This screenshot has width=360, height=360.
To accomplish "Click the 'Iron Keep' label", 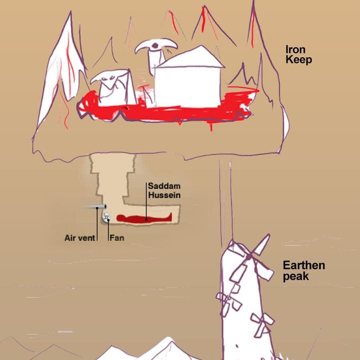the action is coord(298,55).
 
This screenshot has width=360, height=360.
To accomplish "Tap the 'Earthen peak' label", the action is coord(304,271).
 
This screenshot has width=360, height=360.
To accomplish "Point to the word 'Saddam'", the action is coord(164,186).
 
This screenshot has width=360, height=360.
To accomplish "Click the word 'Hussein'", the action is coord(164,195).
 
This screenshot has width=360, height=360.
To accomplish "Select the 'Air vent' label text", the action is coord(80,238).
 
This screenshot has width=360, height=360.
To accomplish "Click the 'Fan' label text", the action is coord(117,238).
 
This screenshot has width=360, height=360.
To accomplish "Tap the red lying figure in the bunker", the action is coord(144,218).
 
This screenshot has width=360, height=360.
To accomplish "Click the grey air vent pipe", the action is coord(96,207).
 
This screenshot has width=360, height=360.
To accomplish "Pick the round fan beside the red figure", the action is coord(106,217).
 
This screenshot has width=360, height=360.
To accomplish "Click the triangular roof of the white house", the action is coord(190,57).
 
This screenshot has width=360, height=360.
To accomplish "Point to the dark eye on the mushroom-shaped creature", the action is coord(155,46).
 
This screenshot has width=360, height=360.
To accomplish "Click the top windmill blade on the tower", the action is coord(262,245).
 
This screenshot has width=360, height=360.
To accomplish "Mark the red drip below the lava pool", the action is coord(211,127).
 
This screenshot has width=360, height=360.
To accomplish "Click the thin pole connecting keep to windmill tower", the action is coord(226,200).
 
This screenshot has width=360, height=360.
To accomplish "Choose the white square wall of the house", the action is coord(188,87).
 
